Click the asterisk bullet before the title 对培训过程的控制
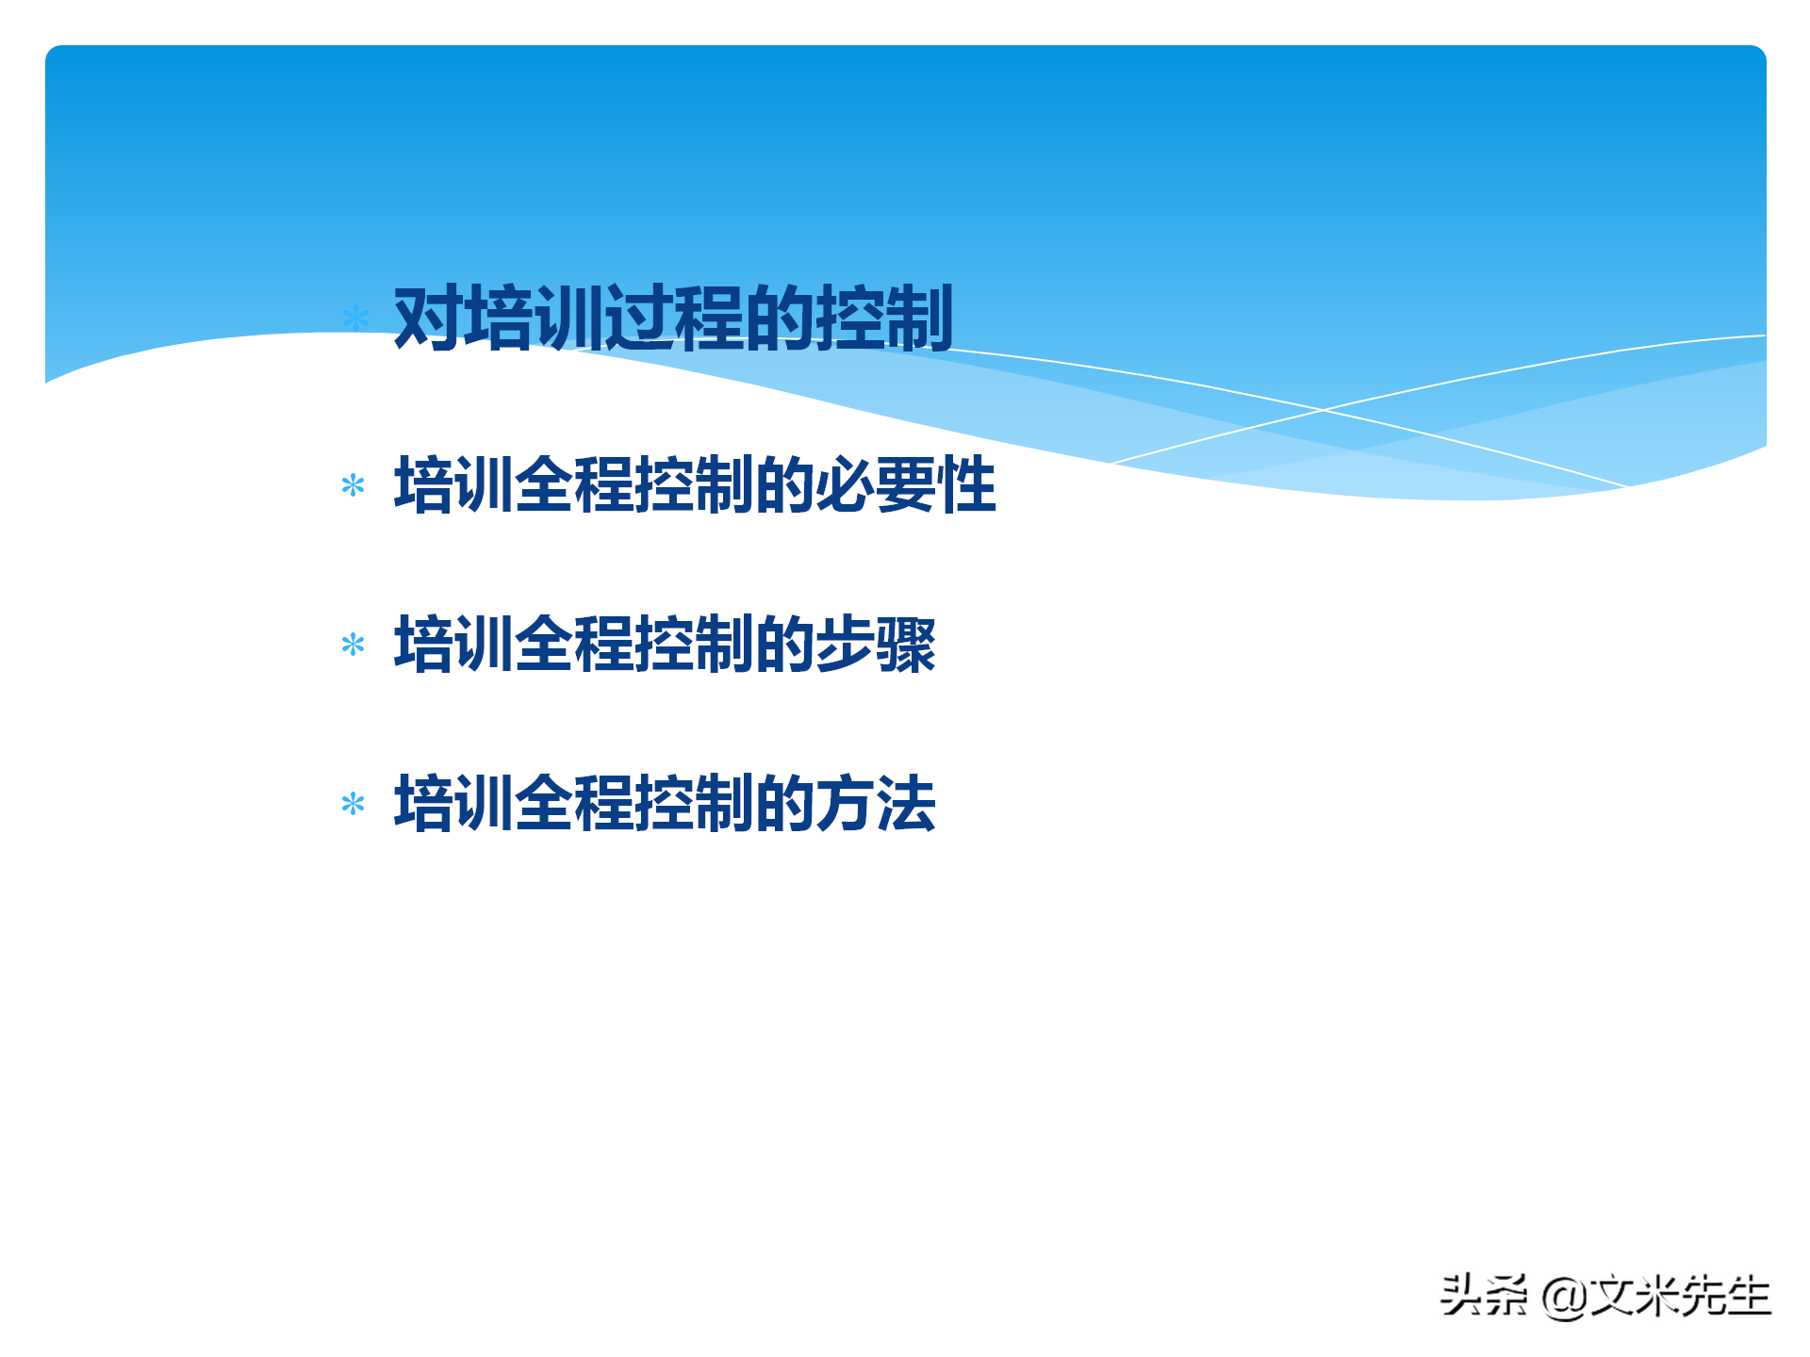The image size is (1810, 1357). pyautogui.click(x=355, y=318)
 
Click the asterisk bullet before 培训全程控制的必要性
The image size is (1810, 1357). pyautogui.click(x=354, y=485)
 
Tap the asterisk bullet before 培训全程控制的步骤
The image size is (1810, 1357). pyautogui.click(x=354, y=645)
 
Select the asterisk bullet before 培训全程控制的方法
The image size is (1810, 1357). pyautogui.click(x=354, y=804)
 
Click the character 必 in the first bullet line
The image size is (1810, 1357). pyautogui.click(x=845, y=484)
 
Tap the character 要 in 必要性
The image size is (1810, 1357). pyautogui.click(x=906, y=484)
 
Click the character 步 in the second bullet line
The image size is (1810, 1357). pyautogui.click(x=845, y=645)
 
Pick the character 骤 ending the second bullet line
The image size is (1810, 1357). pyautogui.click(x=906, y=645)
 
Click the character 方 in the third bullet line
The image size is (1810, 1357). pyautogui.click(x=845, y=804)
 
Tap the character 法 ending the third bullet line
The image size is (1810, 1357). pyautogui.click(x=906, y=804)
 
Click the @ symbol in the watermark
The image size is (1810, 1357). pyautogui.click(x=1563, y=1297)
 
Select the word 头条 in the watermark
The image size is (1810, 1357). pyautogui.click(x=1483, y=1296)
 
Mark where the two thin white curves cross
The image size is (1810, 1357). pyautogui.click(x=1323, y=410)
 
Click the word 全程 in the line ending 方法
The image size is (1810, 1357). pyautogui.click(x=575, y=804)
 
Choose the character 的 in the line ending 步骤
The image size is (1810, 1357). pyautogui.click(x=784, y=645)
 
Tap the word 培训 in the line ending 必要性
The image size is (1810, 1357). pyautogui.click(x=454, y=484)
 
